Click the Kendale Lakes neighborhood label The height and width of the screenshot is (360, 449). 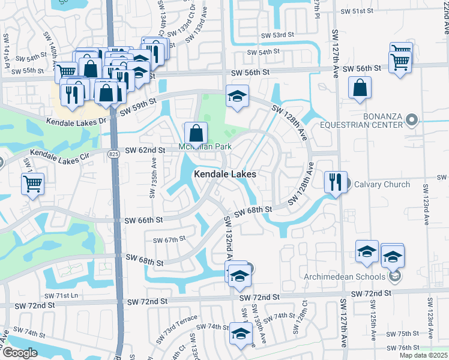tap(225, 174)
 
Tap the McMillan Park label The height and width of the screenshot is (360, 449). tap(205, 147)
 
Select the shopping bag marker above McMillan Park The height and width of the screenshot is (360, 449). tap(196, 133)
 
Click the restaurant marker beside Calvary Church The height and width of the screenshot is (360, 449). tap(335, 181)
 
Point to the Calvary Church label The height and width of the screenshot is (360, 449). tap(381, 184)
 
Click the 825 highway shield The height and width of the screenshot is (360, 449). tap(113, 154)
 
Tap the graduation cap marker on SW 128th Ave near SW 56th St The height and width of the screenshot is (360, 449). tap(237, 96)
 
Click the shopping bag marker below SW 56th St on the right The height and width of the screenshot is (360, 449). tap(359, 88)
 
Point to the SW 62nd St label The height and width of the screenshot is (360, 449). tap(145, 150)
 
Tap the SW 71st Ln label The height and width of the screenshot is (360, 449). tap(62, 296)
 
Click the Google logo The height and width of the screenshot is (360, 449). tap(19, 353)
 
